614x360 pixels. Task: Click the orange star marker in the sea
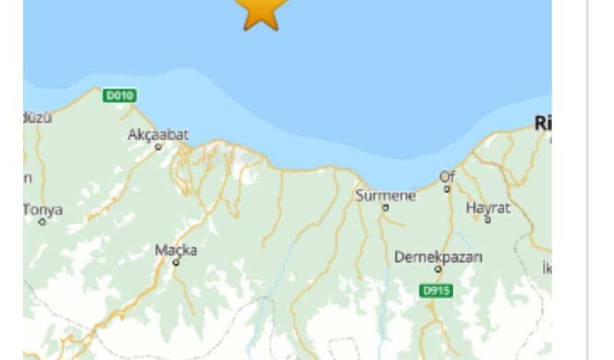[x=261, y=12]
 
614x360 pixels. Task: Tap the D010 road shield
[x=119, y=95]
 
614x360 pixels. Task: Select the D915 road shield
[x=436, y=291]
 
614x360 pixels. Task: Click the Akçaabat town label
[x=158, y=134]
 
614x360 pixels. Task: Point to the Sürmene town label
[x=386, y=195]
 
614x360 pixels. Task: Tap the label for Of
[x=447, y=176]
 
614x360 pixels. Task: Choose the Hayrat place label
[x=488, y=208]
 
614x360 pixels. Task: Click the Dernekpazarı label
[x=438, y=257]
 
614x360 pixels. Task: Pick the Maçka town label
[x=176, y=251]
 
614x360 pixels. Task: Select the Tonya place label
[x=43, y=210]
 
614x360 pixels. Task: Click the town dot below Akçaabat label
[x=158, y=146]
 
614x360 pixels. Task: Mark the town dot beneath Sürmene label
[x=386, y=208]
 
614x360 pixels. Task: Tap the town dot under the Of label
[x=448, y=189]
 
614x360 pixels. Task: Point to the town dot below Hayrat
[x=488, y=220]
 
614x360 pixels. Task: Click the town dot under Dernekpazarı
[x=438, y=270]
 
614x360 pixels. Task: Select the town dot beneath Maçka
[x=176, y=263]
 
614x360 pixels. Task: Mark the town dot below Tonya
[x=42, y=222]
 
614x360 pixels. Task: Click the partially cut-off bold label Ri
[x=543, y=124]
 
